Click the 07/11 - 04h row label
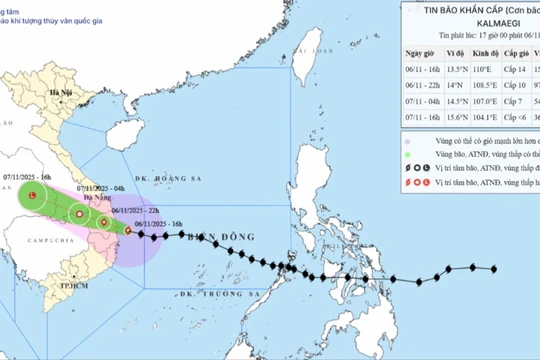point(424,103)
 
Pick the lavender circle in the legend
point(408,141)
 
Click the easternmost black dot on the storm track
point(494,268)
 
